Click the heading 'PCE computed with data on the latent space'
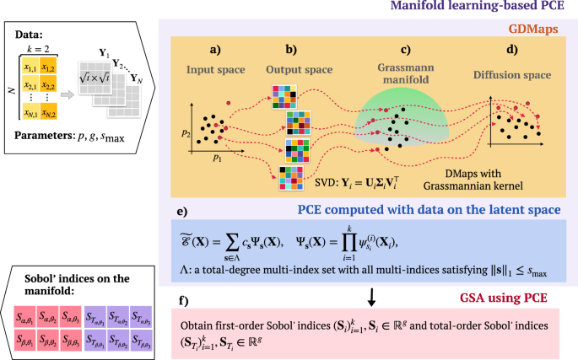[x=418, y=208]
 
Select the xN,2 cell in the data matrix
[x=56, y=114]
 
